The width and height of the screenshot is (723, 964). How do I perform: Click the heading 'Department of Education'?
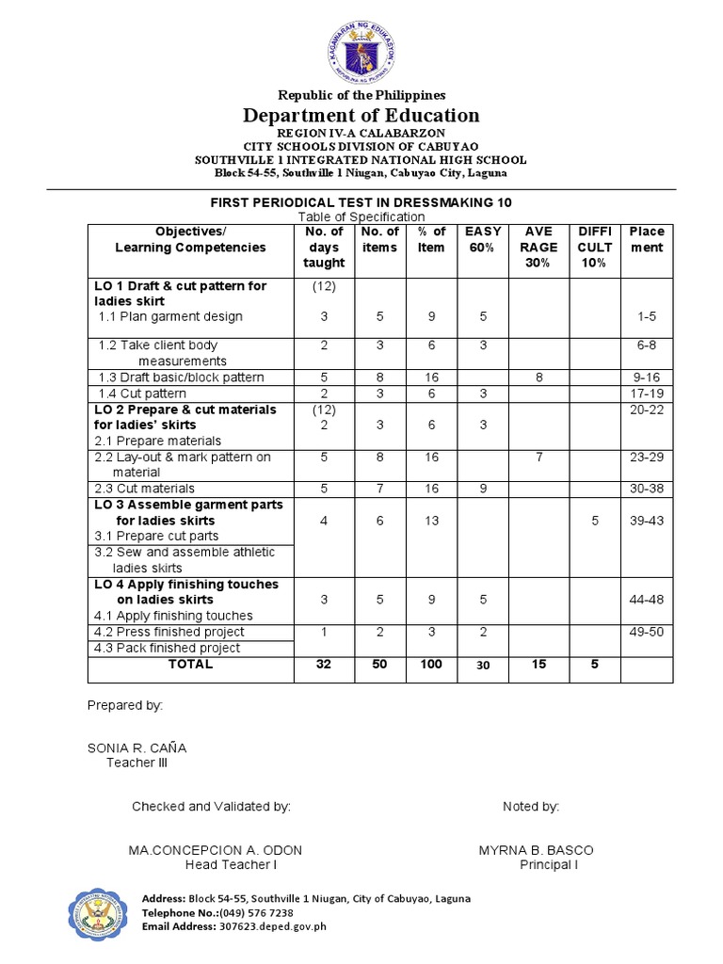pyautogui.click(x=361, y=115)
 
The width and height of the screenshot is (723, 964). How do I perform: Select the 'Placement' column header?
pyautogui.click(x=646, y=240)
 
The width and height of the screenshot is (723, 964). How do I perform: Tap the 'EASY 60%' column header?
pyautogui.click(x=483, y=240)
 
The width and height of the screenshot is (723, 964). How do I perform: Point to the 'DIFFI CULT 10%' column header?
pyautogui.click(x=594, y=248)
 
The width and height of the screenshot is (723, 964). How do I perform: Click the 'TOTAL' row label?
pyautogui.click(x=190, y=664)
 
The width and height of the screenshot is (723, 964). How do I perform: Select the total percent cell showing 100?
pyautogui.click(x=431, y=664)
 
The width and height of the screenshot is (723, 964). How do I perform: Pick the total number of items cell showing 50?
pyautogui.click(x=379, y=664)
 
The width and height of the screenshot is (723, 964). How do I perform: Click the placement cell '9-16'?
pyautogui.click(x=646, y=378)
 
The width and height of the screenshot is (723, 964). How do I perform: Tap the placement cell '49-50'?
pyautogui.click(x=646, y=632)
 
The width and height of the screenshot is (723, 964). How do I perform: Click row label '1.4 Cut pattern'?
pyautogui.click(x=143, y=394)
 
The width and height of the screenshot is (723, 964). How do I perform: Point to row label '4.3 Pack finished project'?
pyautogui.click(x=168, y=648)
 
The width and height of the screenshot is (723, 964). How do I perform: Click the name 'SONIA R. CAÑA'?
pyautogui.click(x=137, y=747)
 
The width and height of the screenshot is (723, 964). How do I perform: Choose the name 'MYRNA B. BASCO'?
pyautogui.click(x=536, y=850)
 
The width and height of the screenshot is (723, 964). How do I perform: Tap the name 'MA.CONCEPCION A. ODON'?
pyautogui.click(x=216, y=850)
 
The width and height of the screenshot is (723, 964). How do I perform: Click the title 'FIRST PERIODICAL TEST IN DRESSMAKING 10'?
pyautogui.click(x=361, y=202)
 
